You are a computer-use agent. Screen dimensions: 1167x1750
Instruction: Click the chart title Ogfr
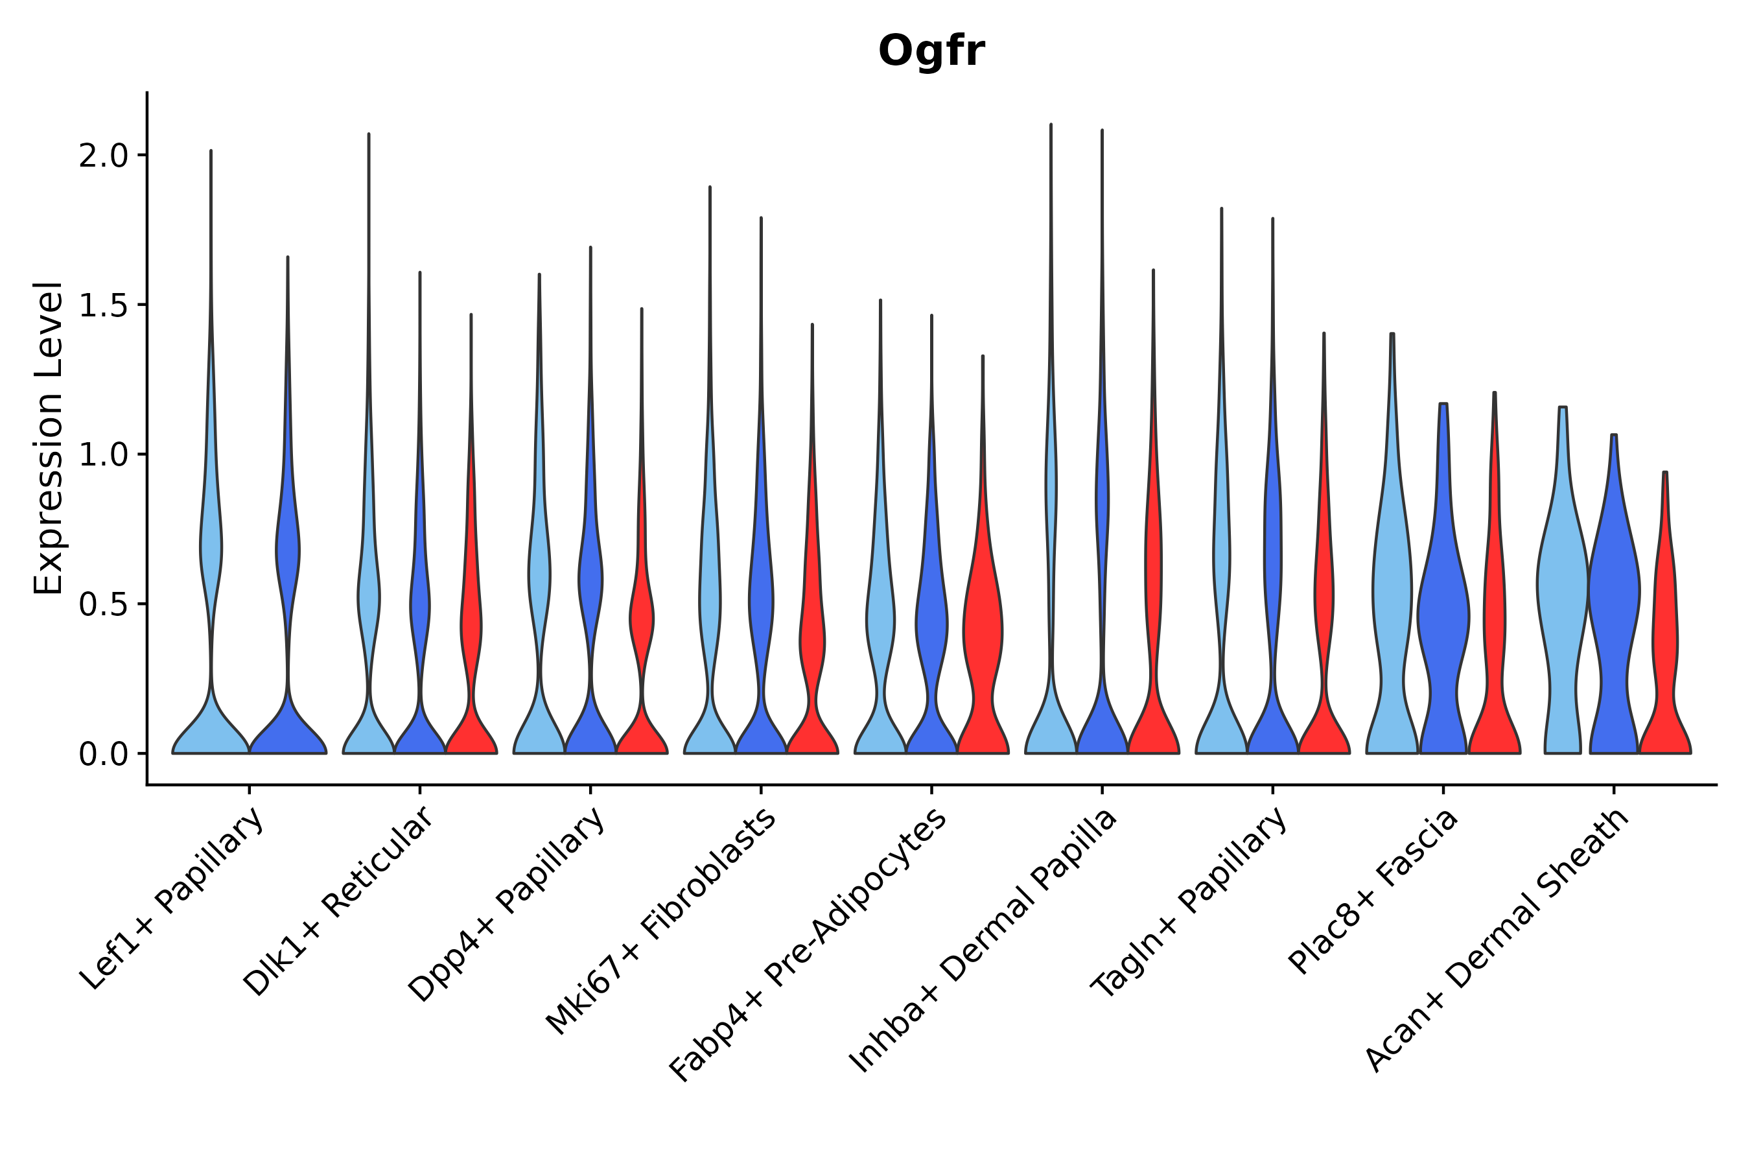931,52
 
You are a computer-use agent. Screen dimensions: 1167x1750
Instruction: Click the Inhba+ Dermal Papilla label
984,941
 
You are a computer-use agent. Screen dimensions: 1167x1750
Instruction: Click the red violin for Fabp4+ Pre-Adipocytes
983,633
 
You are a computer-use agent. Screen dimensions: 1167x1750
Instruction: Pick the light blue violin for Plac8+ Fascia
1392,595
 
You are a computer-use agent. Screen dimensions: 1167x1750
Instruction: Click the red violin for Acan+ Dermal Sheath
1665,633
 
